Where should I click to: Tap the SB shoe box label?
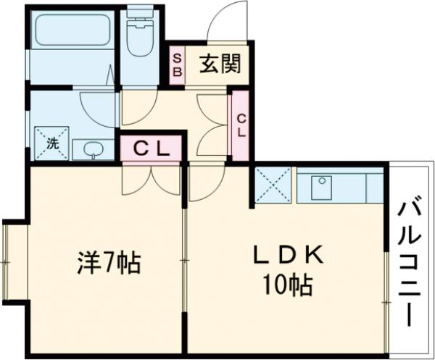point(177,66)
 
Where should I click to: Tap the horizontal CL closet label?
point(151,150)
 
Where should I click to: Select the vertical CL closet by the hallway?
point(240,125)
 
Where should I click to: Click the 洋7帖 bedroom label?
point(109,263)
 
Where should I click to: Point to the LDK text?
point(287,256)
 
